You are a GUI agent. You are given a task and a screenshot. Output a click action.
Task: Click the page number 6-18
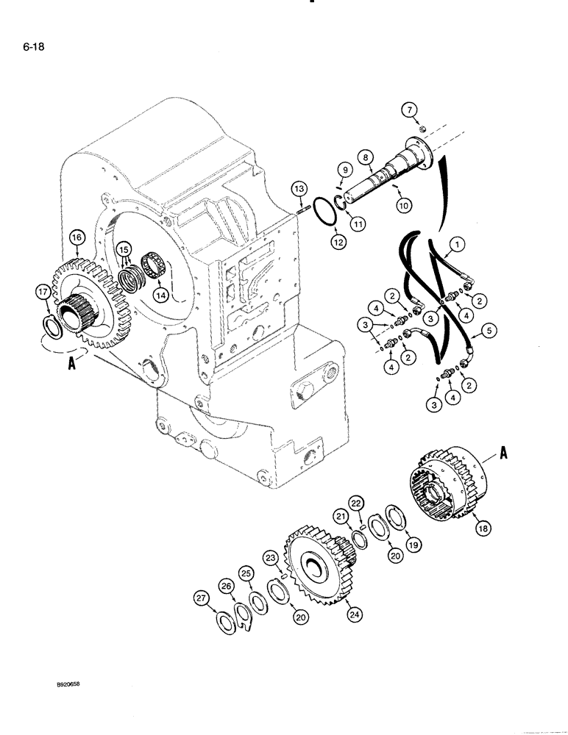[x=23, y=51]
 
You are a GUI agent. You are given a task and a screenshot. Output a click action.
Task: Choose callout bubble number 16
[x=77, y=237]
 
